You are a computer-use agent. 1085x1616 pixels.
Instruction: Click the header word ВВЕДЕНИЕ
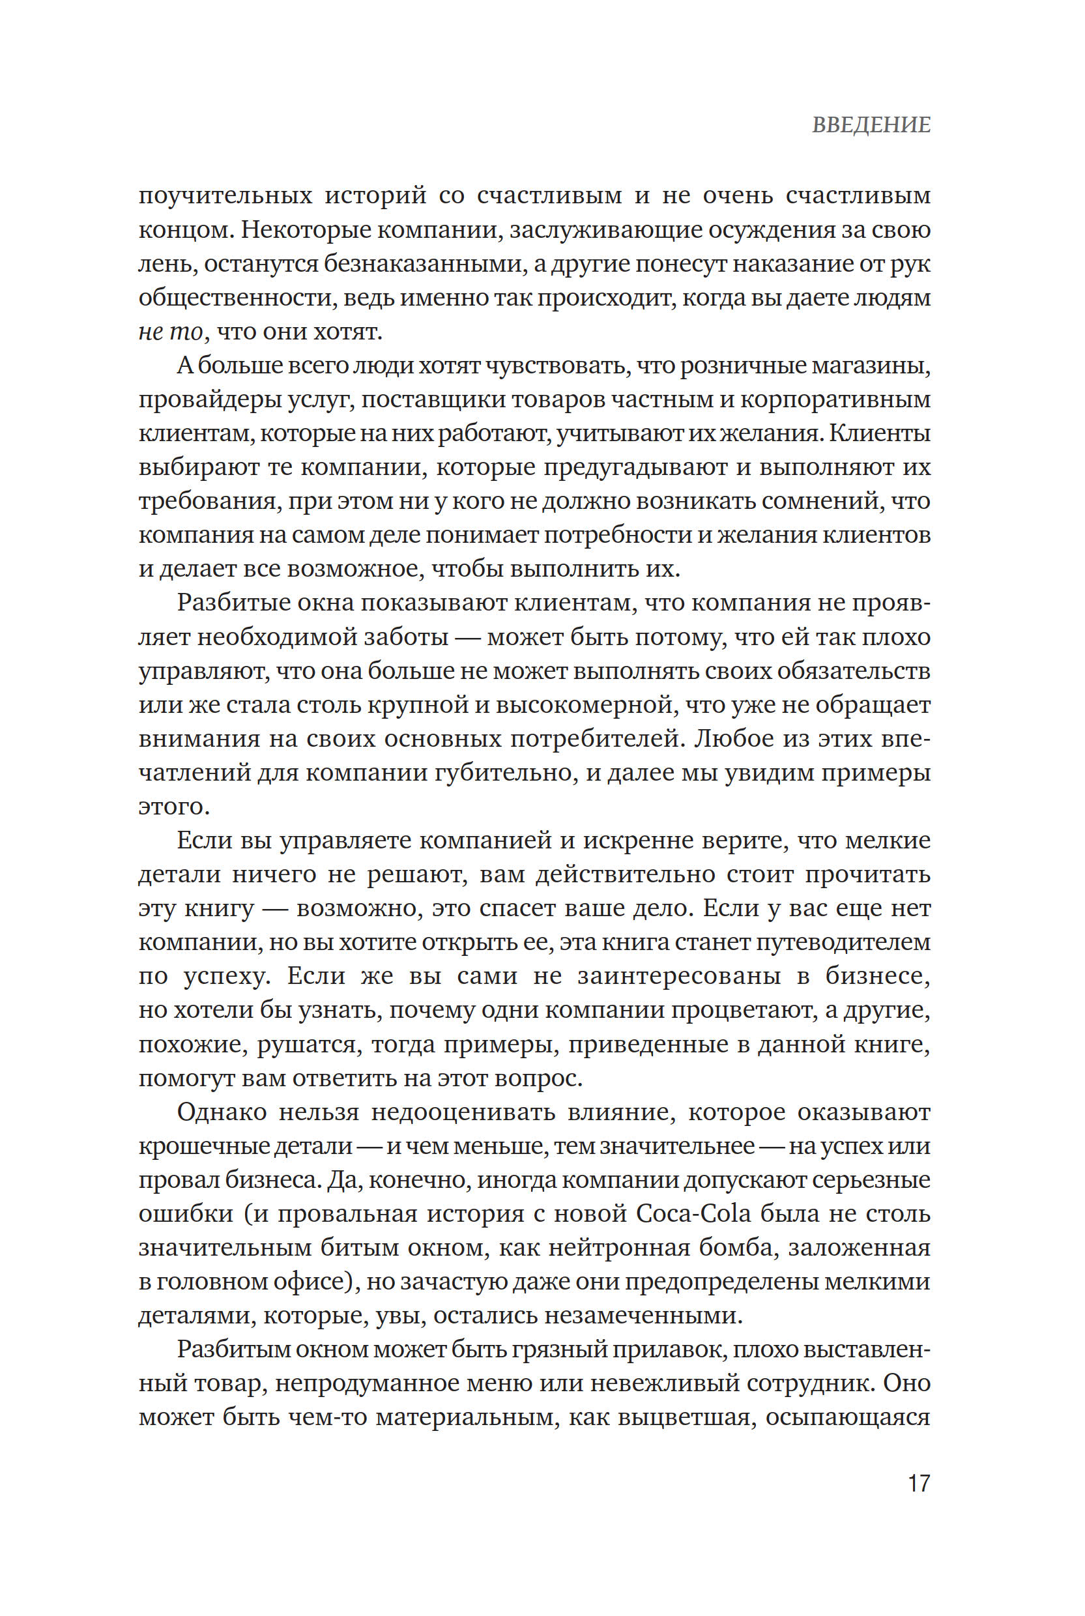(x=871, y=125)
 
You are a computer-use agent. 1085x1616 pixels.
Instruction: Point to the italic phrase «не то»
(x=170, y=332)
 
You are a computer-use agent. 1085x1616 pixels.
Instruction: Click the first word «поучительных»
(x=225, y=197)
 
